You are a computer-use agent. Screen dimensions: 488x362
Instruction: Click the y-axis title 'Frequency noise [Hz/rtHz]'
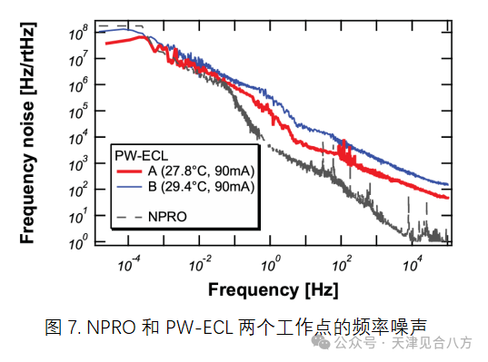(27, 133)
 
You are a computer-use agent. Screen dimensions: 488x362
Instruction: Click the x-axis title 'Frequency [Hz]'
(273, 290)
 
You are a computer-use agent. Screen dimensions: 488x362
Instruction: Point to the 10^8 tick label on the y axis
(78, 33)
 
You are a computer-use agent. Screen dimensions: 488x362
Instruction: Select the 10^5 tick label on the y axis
(78, 112)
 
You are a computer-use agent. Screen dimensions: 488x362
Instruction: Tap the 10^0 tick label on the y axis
(78, 242)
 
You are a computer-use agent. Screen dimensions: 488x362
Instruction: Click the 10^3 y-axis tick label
(78, 163)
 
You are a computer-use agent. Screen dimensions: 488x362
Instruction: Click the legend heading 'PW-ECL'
(141, 156)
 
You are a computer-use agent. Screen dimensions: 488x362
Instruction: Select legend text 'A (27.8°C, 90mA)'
(202, 171)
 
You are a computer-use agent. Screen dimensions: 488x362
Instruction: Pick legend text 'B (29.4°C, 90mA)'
(202, 187)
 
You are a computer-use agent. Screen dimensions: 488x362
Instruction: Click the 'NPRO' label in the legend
(167, 217)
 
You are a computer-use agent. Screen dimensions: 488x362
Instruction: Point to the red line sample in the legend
(129, 171)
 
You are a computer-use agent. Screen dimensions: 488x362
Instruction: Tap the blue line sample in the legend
(129, 187)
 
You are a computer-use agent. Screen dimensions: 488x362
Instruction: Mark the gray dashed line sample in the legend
(129, 217)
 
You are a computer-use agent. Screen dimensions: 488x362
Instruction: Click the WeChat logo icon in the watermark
(321, 342)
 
